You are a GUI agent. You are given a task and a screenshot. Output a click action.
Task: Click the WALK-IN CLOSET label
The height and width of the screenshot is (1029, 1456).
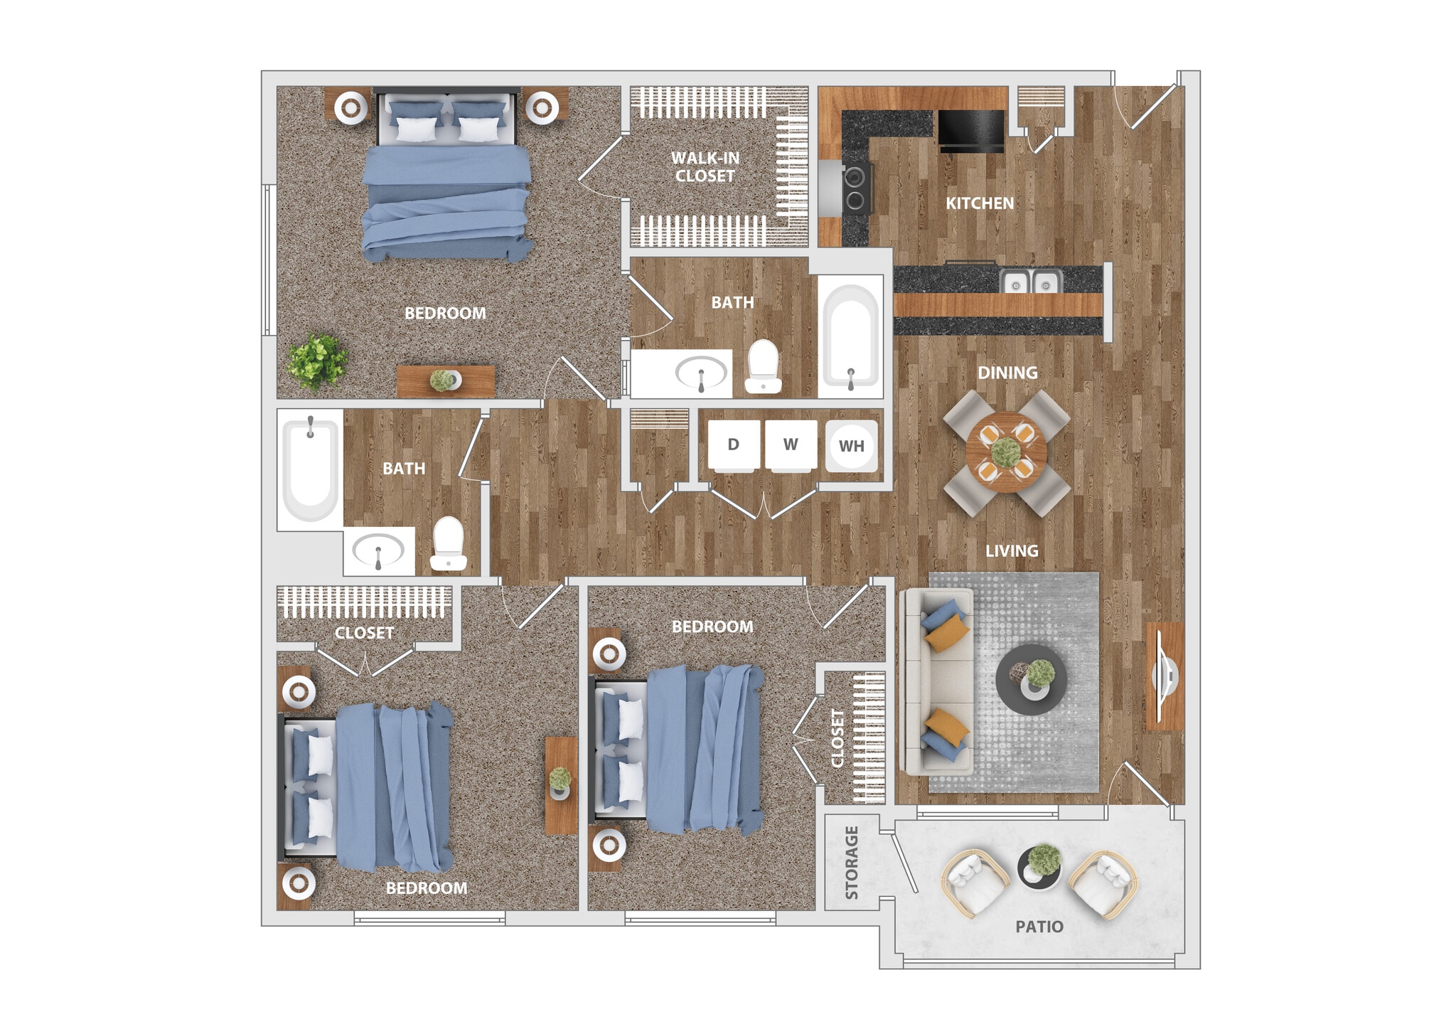pos(705,167)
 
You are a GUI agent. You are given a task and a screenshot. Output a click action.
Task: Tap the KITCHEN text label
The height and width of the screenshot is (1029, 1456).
pos(979,203)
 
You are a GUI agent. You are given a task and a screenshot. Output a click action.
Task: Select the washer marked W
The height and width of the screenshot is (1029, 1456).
pos(791,446)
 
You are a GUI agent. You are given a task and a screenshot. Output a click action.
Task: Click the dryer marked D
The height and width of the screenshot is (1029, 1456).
pos(734,446)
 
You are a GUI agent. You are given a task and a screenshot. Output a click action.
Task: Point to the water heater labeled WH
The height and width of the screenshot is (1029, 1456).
pos(851,446)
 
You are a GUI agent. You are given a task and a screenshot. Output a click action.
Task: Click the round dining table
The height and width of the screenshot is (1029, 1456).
pos(1006,452)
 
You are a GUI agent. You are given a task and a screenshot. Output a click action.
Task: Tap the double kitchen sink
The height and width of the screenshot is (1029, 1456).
pos(1030,283)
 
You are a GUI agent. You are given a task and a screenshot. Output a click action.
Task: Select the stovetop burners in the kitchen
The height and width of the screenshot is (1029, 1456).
pos(857,189)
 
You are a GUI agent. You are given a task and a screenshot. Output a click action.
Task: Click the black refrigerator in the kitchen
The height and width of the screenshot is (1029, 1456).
pos(971,130)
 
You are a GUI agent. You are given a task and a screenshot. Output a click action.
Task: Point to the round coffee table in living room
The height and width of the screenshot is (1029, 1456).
pos(1030,680)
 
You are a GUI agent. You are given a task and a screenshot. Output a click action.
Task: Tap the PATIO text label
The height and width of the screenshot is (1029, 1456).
pos(1039,927)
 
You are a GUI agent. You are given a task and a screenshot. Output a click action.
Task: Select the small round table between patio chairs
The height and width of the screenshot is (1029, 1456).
pos(1039,868)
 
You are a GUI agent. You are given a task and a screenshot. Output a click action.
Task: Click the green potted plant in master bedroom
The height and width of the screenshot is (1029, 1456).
pos(317,361)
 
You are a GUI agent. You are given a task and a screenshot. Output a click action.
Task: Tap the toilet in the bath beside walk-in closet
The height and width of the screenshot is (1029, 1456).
pos(764,367)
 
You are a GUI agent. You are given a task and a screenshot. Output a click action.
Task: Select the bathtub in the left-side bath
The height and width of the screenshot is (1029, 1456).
pos(311,469)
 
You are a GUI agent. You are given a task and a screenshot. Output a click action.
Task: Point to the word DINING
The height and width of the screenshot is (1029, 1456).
pos(1007,373)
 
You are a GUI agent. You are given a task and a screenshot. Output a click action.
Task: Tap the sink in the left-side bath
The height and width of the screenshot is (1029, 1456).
pos(378,551)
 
